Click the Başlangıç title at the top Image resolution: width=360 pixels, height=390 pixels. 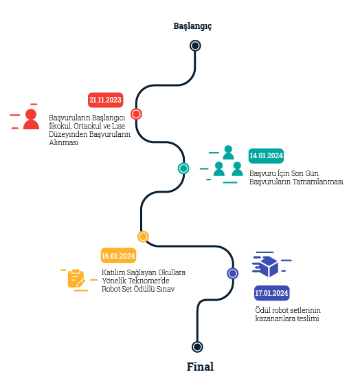click(x=192, y=26)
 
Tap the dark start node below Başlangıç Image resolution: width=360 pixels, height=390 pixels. click(x=195, y=46)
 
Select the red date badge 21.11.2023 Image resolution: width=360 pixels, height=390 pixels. click(x=105, y=100)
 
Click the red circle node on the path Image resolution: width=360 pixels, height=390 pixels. click(x=136, y=114)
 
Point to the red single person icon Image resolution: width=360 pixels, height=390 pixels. click(x=31, y=119)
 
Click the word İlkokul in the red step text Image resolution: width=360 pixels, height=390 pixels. click(x=60, y=126)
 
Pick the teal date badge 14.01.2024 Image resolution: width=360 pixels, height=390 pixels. click(x=266, y=155)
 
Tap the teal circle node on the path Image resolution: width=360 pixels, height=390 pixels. click(x=183, y=169)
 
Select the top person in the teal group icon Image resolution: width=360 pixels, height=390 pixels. click(x=228, y=152)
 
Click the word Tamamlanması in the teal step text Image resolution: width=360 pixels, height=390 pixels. click(x=318, y=182)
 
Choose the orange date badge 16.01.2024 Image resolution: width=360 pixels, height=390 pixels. click(x=118, y=256)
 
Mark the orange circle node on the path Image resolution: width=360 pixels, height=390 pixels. click(x=143, y=237)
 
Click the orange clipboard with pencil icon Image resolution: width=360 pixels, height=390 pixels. click(x=76, y=279)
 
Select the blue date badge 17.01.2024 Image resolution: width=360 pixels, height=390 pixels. click(x=272, y=293)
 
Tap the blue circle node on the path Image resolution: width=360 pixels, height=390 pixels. click(x=232, y=273)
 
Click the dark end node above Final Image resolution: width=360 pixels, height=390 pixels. click(x=197, y=347)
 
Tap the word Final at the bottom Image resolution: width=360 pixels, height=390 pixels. click(x=200, y=367)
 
